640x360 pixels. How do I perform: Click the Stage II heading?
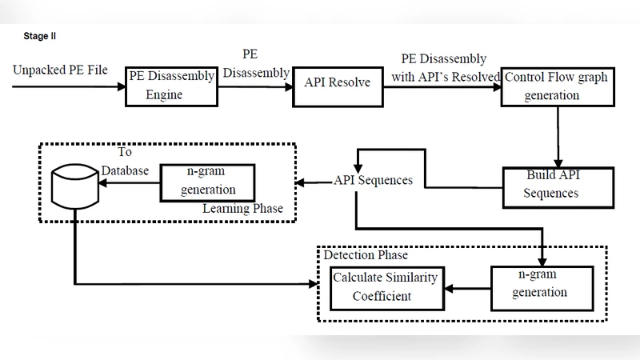tap(40, 36)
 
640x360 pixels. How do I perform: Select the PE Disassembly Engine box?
tap(172, 85)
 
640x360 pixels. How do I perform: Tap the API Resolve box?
tap(338, 82)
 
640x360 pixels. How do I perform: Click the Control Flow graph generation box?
tap(557, 85)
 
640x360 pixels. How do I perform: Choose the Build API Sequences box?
tap(557, 183)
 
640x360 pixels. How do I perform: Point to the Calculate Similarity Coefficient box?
tap(387, 287)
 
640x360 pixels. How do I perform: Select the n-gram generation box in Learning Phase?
tap(208, 182)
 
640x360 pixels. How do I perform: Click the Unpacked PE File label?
tap(60, 70)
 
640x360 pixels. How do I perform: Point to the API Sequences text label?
tap(373, 181)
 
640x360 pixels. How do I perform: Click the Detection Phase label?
tap(366, 255)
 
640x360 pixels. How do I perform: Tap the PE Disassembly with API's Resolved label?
tap(444, 67)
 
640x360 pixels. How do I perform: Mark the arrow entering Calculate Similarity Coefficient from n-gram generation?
tap(467, 286)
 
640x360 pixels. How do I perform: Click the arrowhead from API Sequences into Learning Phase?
tap(302, 182)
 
